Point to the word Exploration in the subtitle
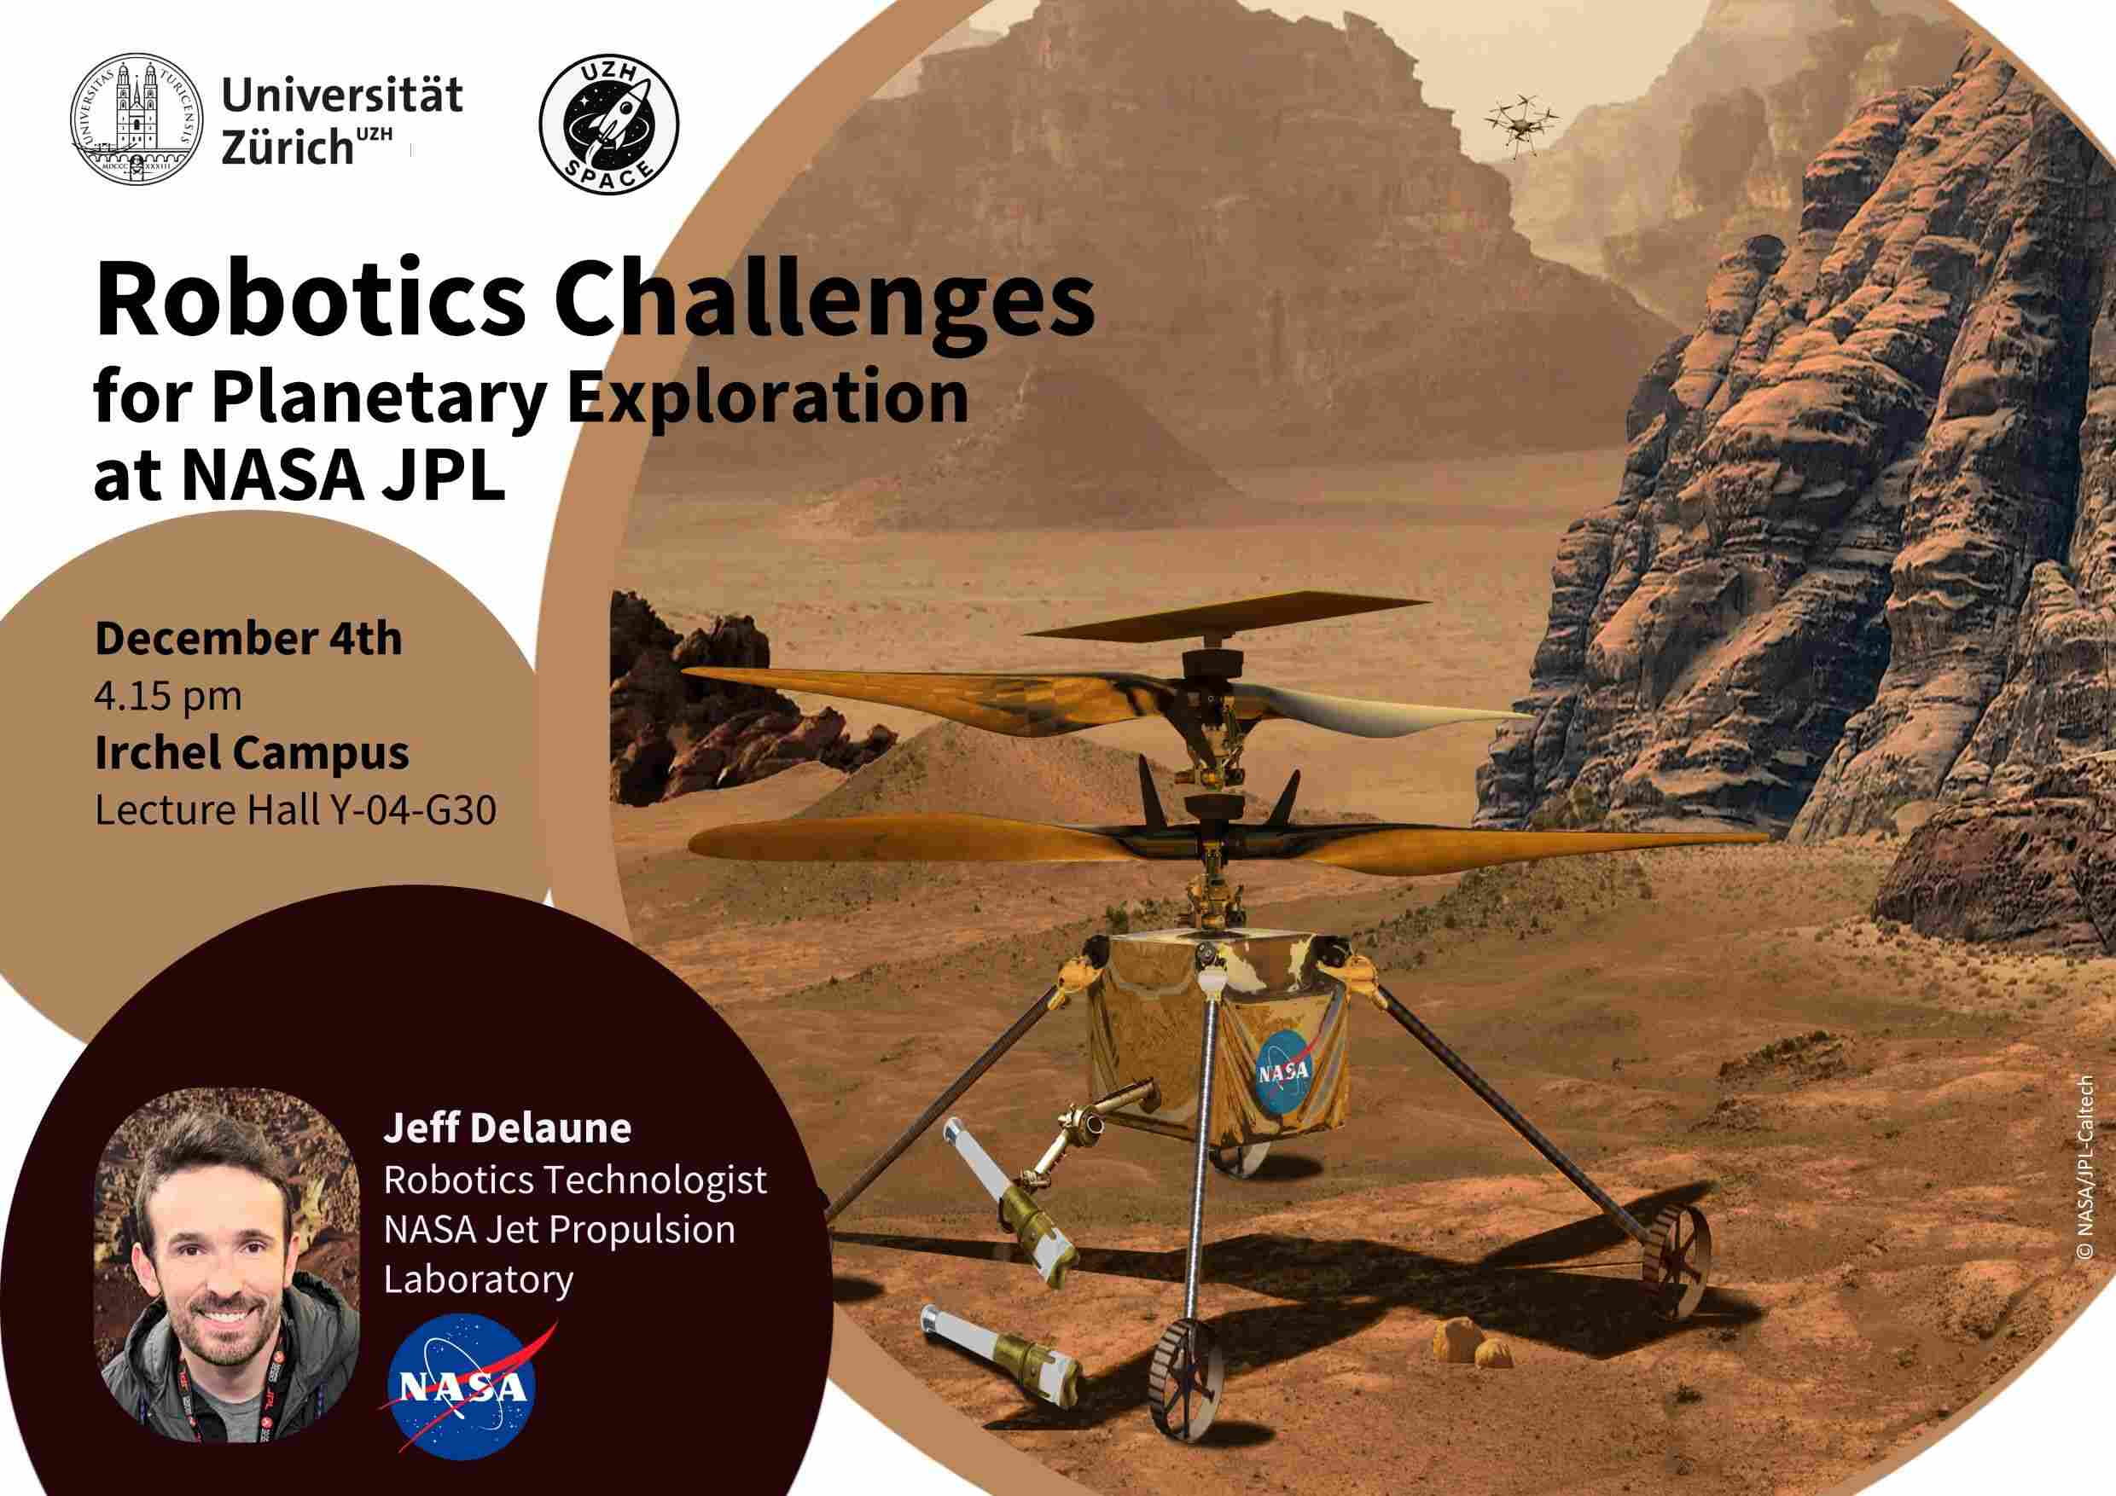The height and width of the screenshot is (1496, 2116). point(767,399)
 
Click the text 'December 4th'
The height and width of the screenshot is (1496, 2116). point(249,638)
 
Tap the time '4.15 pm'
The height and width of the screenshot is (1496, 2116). point(168,698)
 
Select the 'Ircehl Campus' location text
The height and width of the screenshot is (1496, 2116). point(253,753)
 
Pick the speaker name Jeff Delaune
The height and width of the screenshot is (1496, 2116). point(508,1128)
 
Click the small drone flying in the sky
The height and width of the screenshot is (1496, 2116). point(1520,119)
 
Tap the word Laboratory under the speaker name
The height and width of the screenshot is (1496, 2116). point(479,1280)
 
